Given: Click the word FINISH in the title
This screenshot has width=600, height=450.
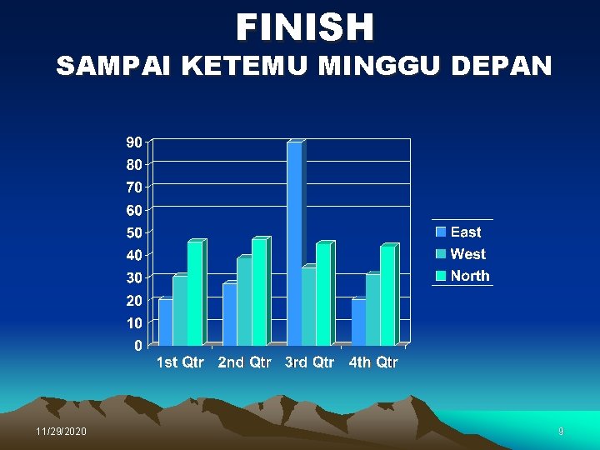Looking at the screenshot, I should (x=305, y=27).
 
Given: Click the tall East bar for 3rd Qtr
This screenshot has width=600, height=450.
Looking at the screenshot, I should (x=294, y=242).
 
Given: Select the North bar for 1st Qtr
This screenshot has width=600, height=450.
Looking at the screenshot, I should (x=194, y=293).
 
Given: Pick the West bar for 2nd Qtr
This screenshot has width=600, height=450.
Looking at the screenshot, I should (x=243, y=302).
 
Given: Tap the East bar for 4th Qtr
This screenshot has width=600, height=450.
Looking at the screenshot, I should (x=357, y=322).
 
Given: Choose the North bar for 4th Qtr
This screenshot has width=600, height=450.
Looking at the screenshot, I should (x=387, y=296).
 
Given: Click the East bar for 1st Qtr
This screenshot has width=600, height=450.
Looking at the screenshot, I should (x=165, y=322).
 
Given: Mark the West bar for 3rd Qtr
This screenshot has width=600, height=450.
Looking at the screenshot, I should (x=307, y=307).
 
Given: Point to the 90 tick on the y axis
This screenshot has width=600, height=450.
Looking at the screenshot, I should (x=133, y=142).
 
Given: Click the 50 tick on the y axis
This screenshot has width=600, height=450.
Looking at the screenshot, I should (x=133, y=232).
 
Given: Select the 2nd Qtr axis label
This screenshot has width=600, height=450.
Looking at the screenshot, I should (x=244, y=362).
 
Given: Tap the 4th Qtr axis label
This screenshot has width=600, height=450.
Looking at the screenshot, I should (x=373, y=362).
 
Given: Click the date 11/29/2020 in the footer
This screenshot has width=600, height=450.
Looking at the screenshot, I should (x=61, y=432).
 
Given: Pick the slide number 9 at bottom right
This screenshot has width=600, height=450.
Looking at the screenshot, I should (x=561, y=432).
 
